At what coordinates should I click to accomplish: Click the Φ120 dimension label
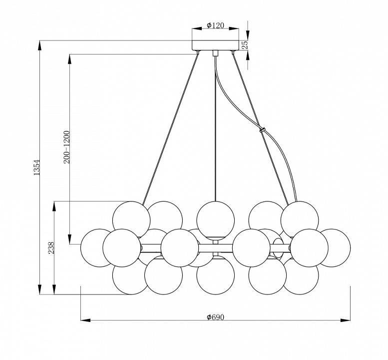pyautogui.click(x=215, y=25)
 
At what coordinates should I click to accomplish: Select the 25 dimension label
pyautogui.click(x=245, y=45)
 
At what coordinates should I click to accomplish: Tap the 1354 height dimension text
pyautogui.click(x=36, y=167)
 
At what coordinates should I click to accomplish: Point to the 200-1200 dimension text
pyautogui.click(x=67, y=147)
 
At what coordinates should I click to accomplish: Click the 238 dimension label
pyautogui.click(x=51, y=248)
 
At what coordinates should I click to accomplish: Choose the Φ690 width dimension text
pyautogui.click(x=215, y=317)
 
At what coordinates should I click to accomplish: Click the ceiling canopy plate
pyautogui.click(x=216, y=45)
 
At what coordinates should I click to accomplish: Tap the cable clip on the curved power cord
pyautogui.click(x=262, y=130)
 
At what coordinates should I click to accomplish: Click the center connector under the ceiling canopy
pyautogui.click(x=216, y=53)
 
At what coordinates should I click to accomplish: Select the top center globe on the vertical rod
pyautogui.click(x=216, y=220)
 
